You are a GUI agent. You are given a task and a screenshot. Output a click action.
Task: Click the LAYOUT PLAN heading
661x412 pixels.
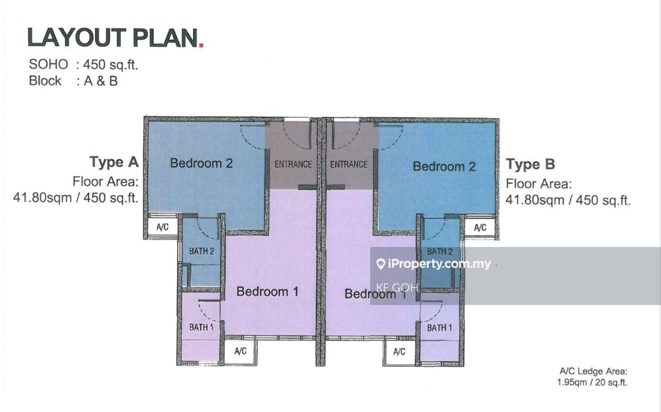tap(112, 38)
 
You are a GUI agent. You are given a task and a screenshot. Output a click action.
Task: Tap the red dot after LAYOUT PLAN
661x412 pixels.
tap(201, 45)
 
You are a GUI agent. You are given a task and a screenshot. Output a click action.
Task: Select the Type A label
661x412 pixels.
tap(114, 162)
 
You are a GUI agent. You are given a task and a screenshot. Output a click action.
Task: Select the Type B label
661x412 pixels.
tap(530, 164)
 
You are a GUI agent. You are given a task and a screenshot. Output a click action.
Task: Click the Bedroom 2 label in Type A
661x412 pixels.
tap(201, 163)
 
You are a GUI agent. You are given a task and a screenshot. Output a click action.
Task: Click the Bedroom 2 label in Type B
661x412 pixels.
tap(444, 167)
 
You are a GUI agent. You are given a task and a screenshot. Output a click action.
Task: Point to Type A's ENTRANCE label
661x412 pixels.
tap(293, 164)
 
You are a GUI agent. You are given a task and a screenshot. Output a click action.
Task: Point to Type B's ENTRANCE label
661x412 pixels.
tap(348, 164)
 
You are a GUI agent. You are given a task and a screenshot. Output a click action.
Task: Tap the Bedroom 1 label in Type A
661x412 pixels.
tap(267, 291)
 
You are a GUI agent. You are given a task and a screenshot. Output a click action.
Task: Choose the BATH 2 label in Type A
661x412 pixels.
tap(202, 251)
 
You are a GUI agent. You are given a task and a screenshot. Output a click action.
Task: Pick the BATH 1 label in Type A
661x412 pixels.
tap(201, 327)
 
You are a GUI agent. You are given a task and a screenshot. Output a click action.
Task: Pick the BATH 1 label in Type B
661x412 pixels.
tap(440, 328)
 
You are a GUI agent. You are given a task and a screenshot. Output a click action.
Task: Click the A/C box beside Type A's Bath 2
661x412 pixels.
tap(162, 227)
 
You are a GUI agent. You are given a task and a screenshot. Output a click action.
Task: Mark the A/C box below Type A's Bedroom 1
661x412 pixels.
tap(240, 351)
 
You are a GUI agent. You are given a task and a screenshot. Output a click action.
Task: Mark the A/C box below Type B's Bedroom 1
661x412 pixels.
tap(399, 352)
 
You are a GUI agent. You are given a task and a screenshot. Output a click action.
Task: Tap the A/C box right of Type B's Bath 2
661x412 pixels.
tap(480, 228)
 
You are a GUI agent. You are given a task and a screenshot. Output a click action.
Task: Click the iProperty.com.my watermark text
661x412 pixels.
tap(434, 264)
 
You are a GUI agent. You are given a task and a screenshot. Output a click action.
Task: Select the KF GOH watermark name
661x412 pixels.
tap(397, 287)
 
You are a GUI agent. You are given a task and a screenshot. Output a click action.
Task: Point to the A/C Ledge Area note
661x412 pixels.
tap(593, 377)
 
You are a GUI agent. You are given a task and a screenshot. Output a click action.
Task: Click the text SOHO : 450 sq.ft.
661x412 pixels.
tap(84, 64)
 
